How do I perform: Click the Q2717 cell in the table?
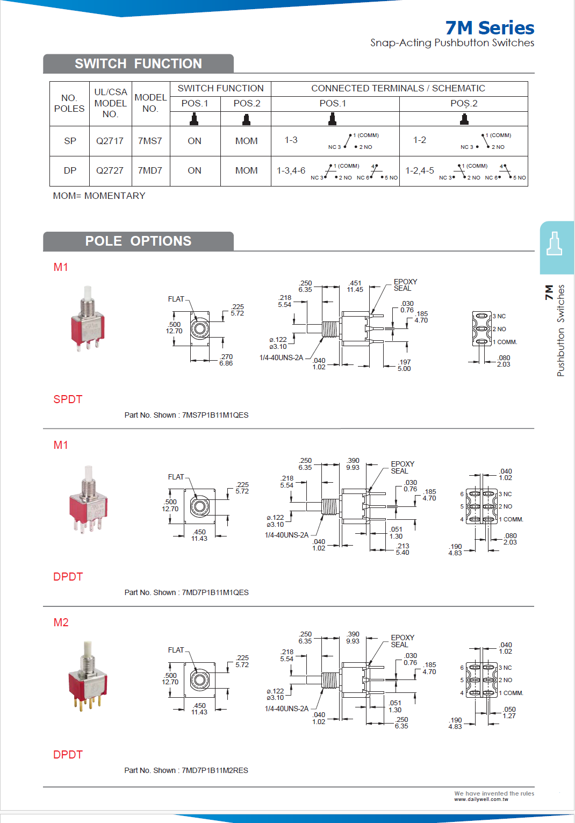[110, 141]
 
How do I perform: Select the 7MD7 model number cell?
[150, 170]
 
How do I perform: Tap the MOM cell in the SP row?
[246, 141]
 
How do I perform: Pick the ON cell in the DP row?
[195, 170]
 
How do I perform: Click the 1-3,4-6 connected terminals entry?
[291, 170]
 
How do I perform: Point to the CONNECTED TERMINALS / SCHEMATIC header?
[398, 88]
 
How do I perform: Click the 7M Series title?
[490, 27]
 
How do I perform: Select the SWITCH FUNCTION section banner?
[138, 63]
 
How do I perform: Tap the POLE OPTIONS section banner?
[138, 241]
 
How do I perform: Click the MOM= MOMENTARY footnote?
[99, 196]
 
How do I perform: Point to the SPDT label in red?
[68, 399]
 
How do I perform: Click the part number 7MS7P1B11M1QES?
[215, 415]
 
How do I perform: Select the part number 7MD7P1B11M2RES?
[215, 770]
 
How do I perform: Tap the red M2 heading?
[61, 622]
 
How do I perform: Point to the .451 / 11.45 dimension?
[355, 286]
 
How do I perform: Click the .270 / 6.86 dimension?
[226, 360]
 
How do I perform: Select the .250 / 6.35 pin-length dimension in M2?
[401, 722]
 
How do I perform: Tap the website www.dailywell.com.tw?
[481, 799]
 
